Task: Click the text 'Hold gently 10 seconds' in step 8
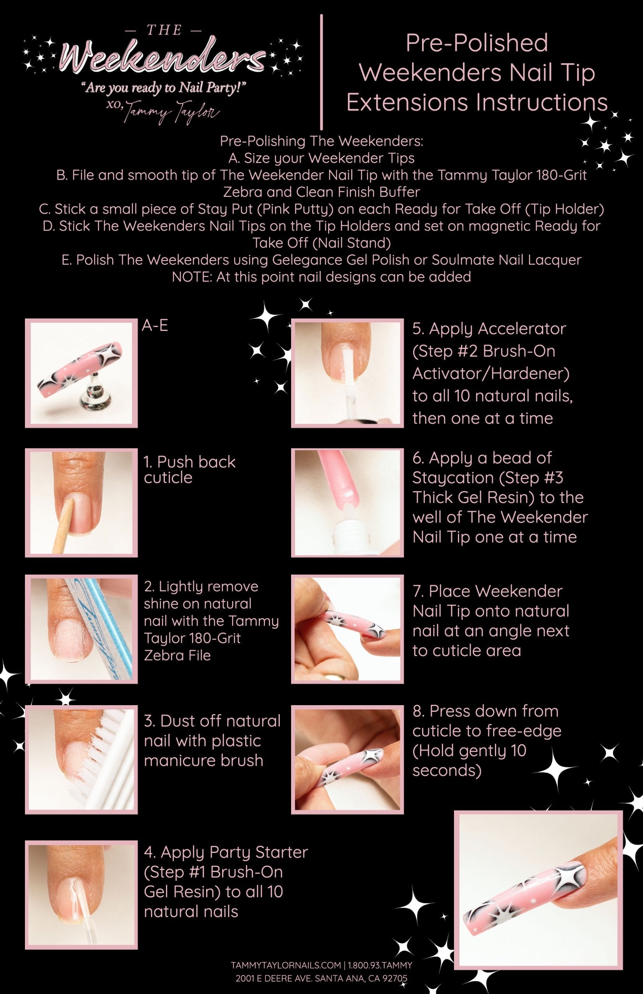point(470,761)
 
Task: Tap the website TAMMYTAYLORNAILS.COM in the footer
point(286,965)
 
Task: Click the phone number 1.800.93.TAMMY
point(380,965)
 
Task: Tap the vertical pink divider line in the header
point(321,71)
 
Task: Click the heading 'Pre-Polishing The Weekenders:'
point(321,141)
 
